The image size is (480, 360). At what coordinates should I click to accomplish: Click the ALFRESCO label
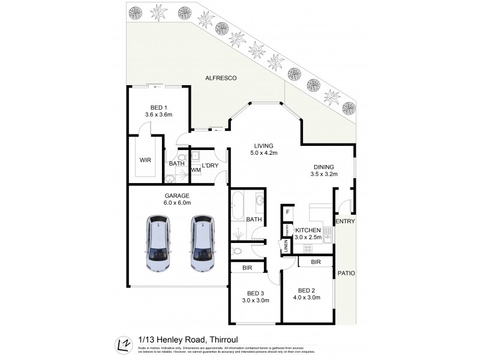click(221, 78)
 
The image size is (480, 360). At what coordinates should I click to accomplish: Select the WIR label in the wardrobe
click(145, 161)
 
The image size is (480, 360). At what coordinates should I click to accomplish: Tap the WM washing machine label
click(196, 170)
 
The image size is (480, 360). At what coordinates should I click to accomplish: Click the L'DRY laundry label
click(209, 165)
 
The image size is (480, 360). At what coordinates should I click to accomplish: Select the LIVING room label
click(263, 146)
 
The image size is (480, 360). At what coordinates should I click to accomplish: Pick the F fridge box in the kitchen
click(287, 212)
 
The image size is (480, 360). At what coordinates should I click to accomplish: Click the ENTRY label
click(346, 222)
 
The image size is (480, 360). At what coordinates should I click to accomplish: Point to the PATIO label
click(346, 273)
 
